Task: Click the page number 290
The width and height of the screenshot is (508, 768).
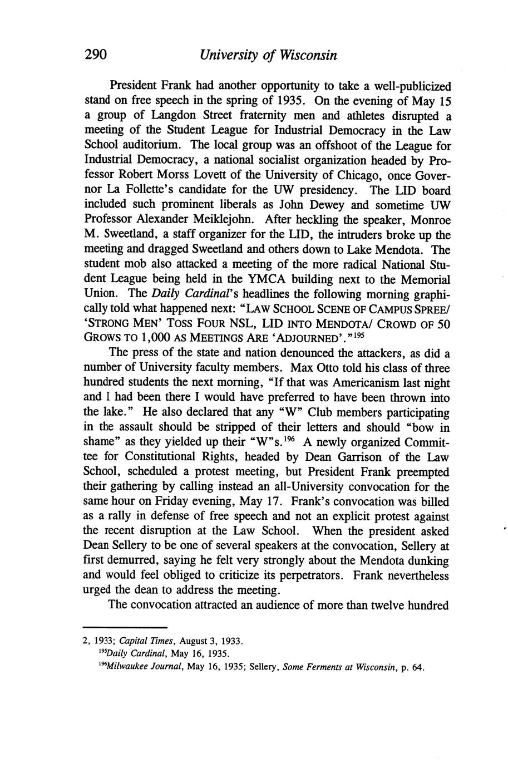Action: (95, 55)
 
